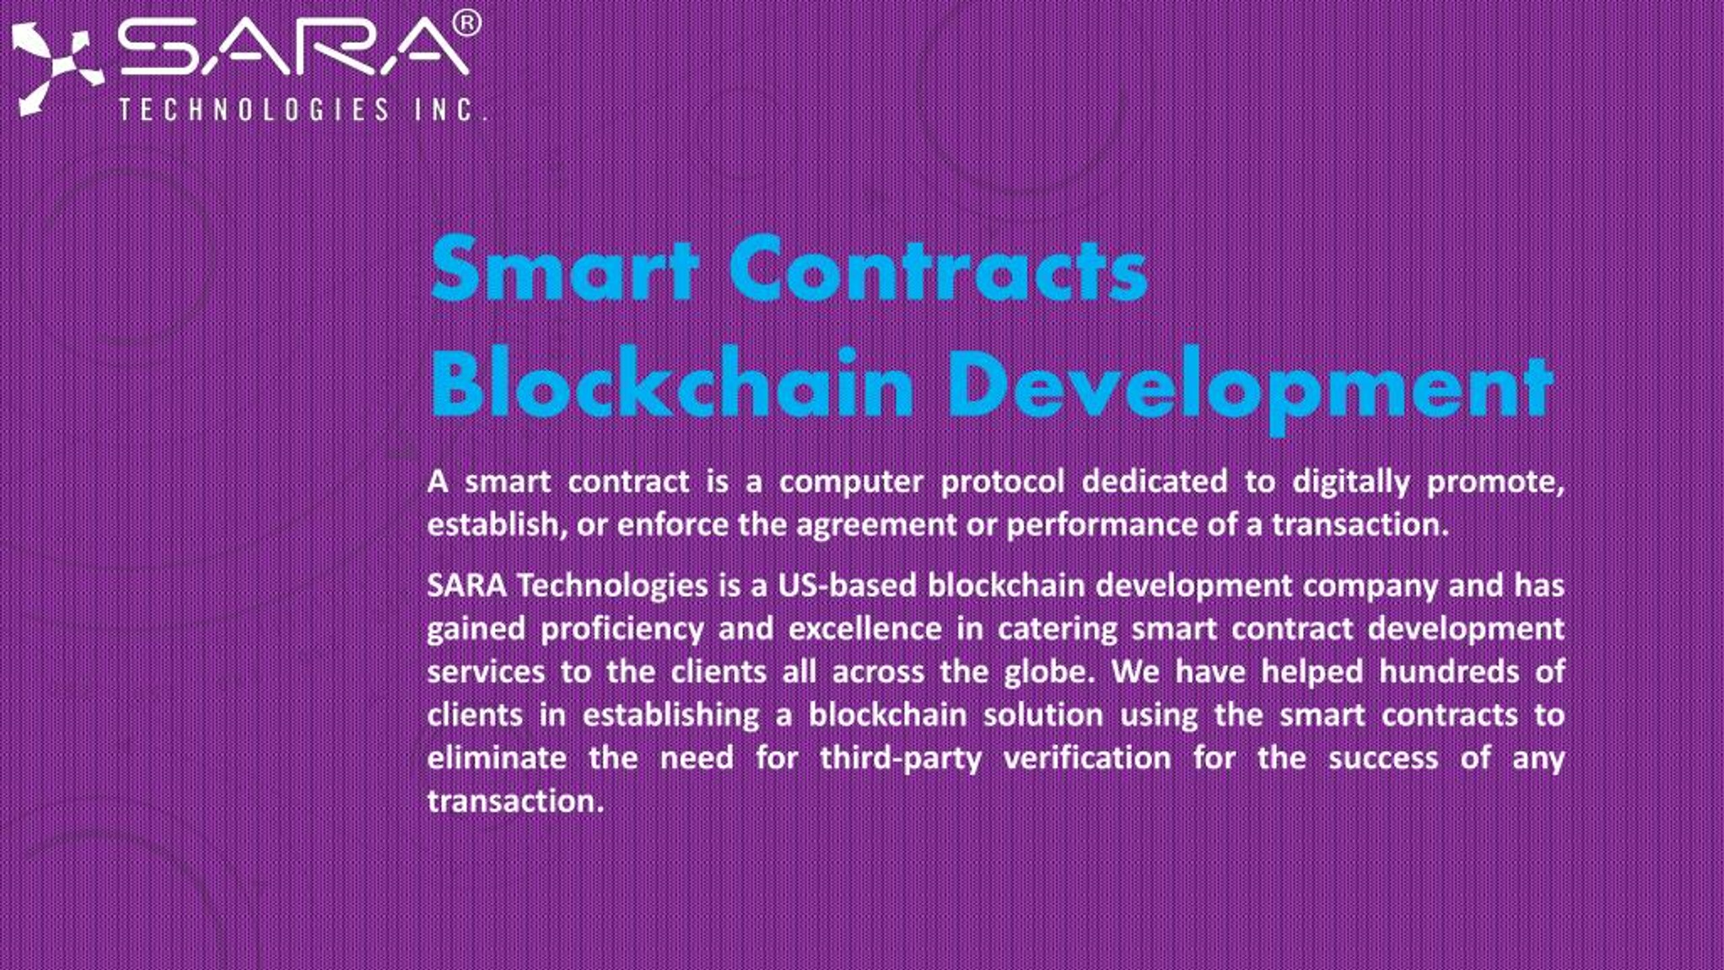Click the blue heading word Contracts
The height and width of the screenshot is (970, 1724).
pos(939,269)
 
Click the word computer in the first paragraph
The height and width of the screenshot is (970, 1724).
pos(851,482)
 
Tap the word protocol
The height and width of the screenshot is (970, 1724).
pos(1003,482)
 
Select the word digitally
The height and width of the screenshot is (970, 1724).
pos(1351,482)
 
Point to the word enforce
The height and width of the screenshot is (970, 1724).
pos(673,525)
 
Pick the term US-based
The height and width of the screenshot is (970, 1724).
pos(847,585)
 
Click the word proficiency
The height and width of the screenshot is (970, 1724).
pos(622,629)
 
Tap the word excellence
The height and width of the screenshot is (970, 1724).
pos(865,628)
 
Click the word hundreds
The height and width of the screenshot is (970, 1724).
pos(1449,672)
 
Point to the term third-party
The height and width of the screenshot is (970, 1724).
pos(901,758)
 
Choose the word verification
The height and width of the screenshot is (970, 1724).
pos(1088,758)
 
